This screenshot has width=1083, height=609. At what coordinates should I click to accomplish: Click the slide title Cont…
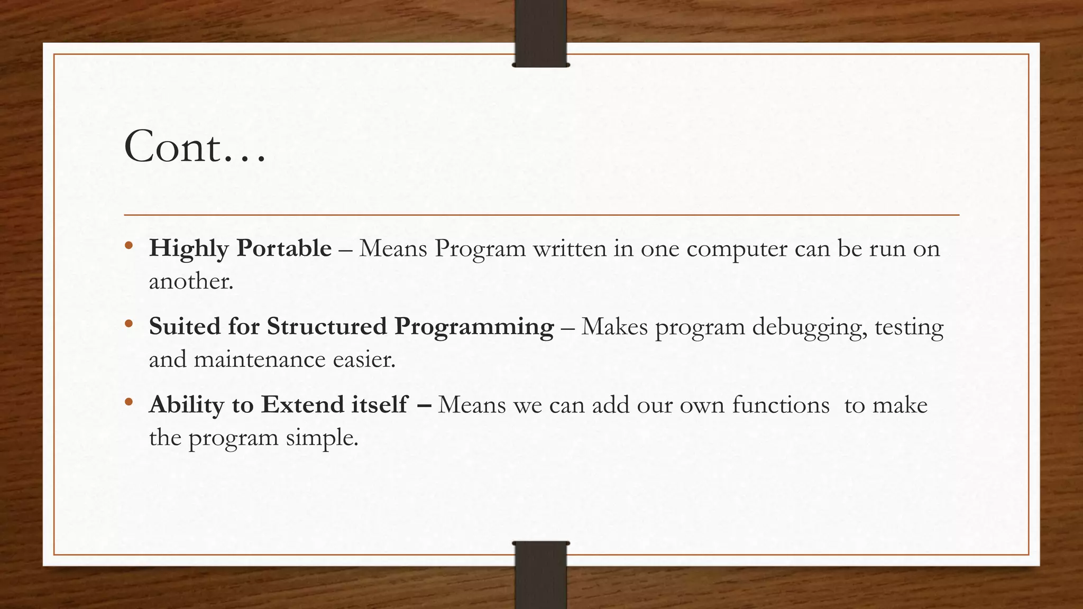[x=195, y=147]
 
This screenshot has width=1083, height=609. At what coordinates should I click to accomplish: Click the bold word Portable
[x=284, y=248]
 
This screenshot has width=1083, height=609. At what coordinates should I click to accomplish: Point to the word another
[x=190, y=281]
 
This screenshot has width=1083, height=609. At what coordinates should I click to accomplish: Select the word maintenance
[x=260, y=360]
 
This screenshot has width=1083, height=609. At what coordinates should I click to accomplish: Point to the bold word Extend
[x=303, y=405]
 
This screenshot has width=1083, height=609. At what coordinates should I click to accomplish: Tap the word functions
[x=781, y=405]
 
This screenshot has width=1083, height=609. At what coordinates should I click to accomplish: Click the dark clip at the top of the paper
[x=540, y=33]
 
